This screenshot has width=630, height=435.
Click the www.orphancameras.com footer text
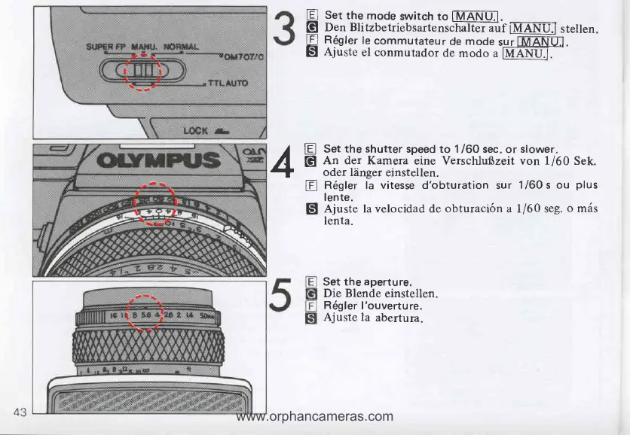314,415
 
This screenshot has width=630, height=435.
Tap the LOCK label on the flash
195,129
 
